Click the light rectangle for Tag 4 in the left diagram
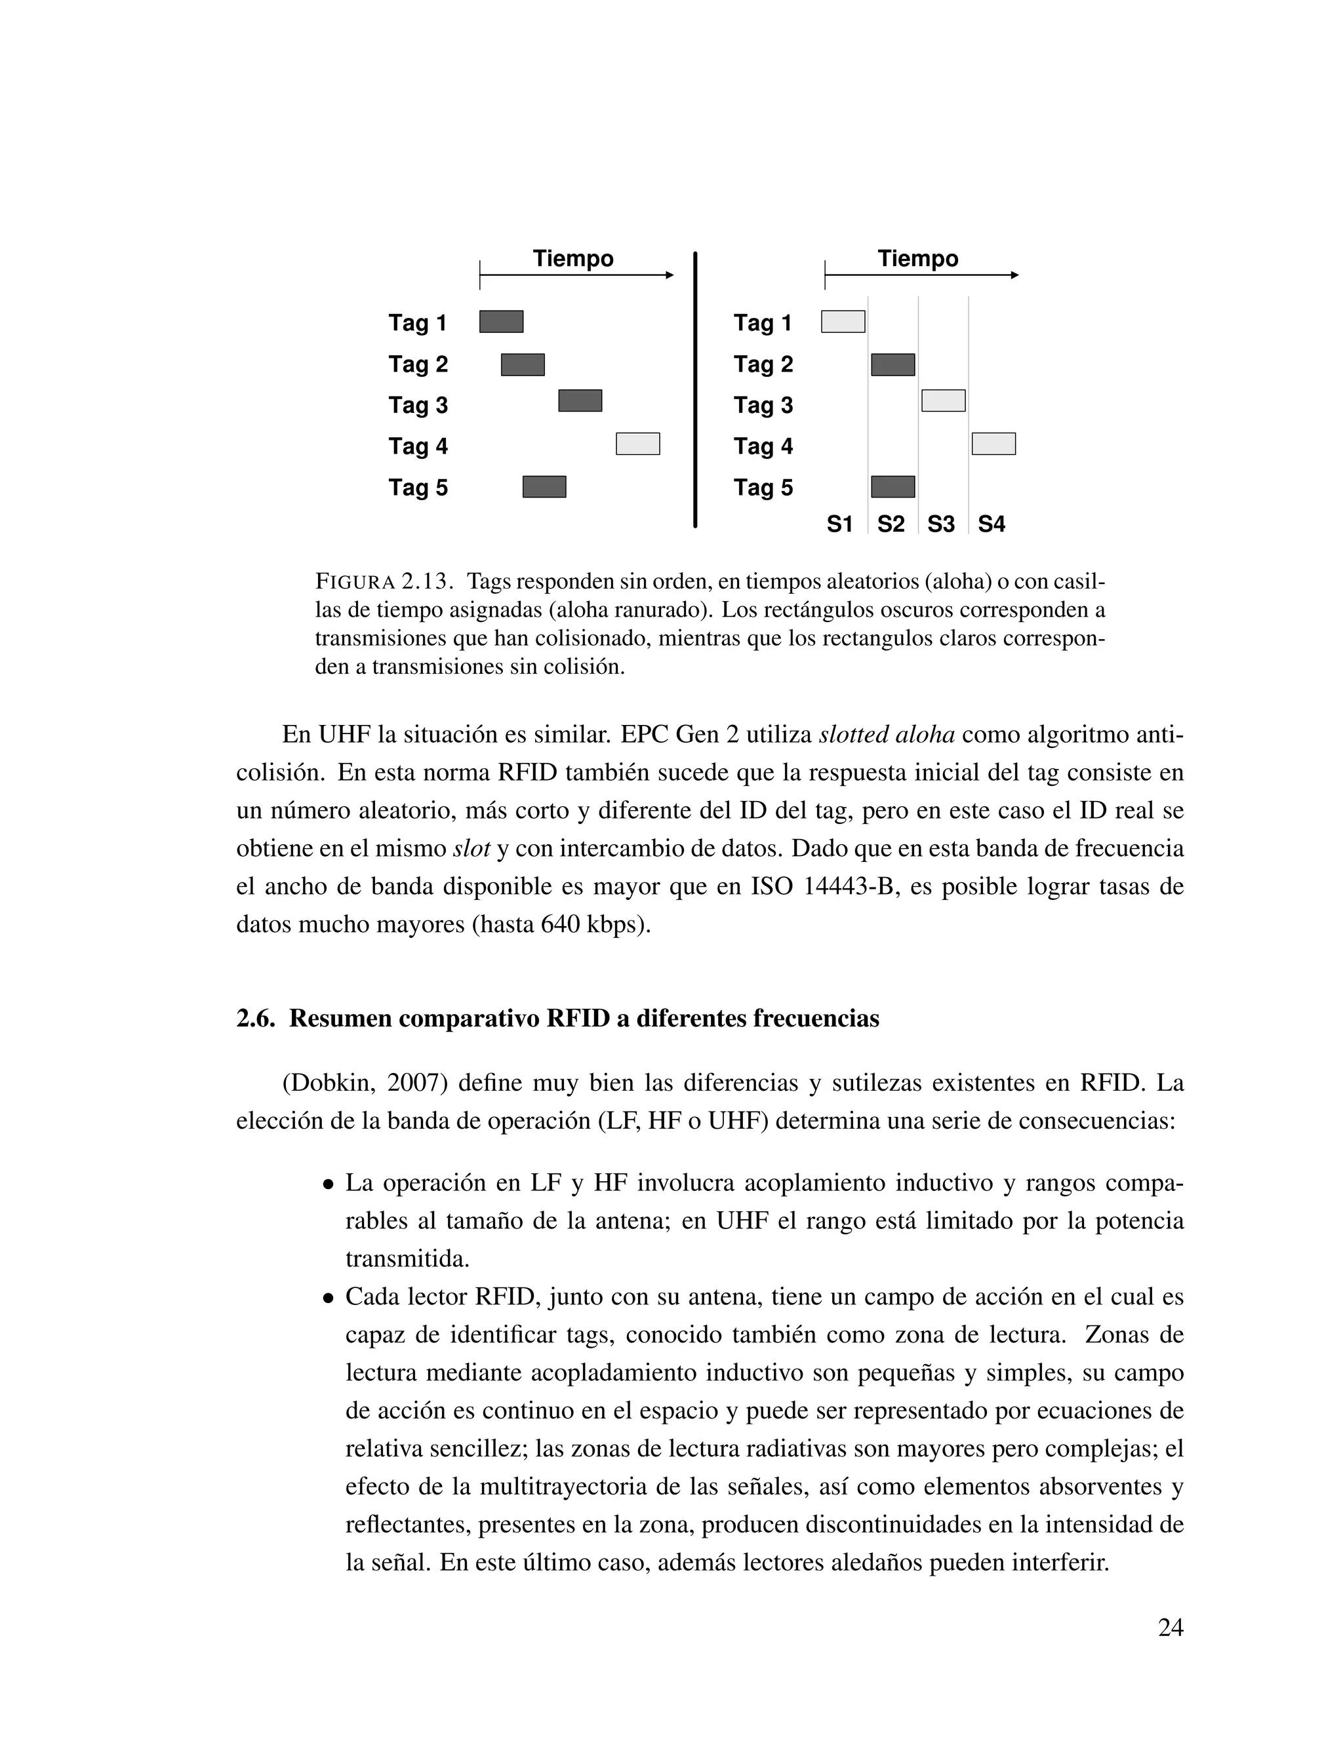tap(637, 444)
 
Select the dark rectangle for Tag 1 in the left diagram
tap(501, 321)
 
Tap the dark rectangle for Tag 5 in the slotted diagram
tap(892, 487)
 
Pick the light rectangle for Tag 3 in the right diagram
tap(943, 401)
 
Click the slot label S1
tap(839, 525)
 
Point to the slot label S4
tap(992, 525)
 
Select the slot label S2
tap(891, 525)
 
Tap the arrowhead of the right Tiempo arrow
tap(1014, 275)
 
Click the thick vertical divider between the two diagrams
tap(694, 390)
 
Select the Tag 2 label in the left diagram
tap(418, 364)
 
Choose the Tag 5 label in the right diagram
tap(763, 488)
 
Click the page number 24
tap(1171, 1628)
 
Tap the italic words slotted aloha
tap(887, 734)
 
